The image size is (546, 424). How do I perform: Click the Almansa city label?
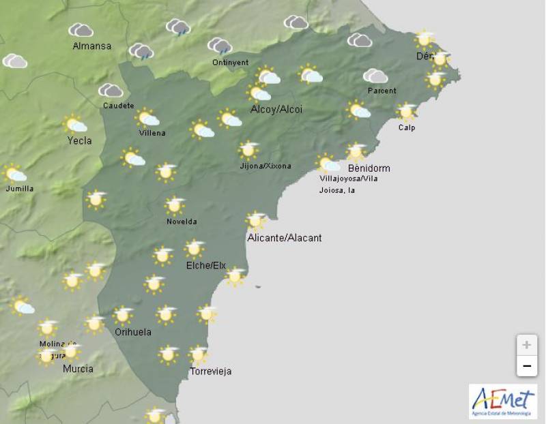coord(91,46)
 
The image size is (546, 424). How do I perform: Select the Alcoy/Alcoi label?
coord(276,110)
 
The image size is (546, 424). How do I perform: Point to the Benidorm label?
coord(369,168)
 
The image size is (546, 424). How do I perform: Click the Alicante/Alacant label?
coord(285,238)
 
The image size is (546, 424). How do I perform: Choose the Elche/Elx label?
coord(205,265)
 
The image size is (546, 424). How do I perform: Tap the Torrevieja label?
coord(211,372)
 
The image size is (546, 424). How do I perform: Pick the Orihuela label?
coord(133,332)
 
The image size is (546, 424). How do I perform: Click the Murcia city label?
coord(78,369)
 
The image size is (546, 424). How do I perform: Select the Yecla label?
coord(79,141)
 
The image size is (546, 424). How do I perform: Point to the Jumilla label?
coord(18,189)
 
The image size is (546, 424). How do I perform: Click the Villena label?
coord(152,133)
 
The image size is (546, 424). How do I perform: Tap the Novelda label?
coord(182,222)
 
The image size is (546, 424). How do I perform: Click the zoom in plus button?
coord(526,344)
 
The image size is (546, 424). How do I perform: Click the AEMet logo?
coord(502,401)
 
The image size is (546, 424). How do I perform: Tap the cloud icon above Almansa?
coord(81,30)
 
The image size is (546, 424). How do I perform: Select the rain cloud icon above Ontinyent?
coord(220,46)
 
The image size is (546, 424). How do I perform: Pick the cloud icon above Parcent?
coord(375,76)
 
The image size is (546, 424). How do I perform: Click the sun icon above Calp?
coord(407,111)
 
